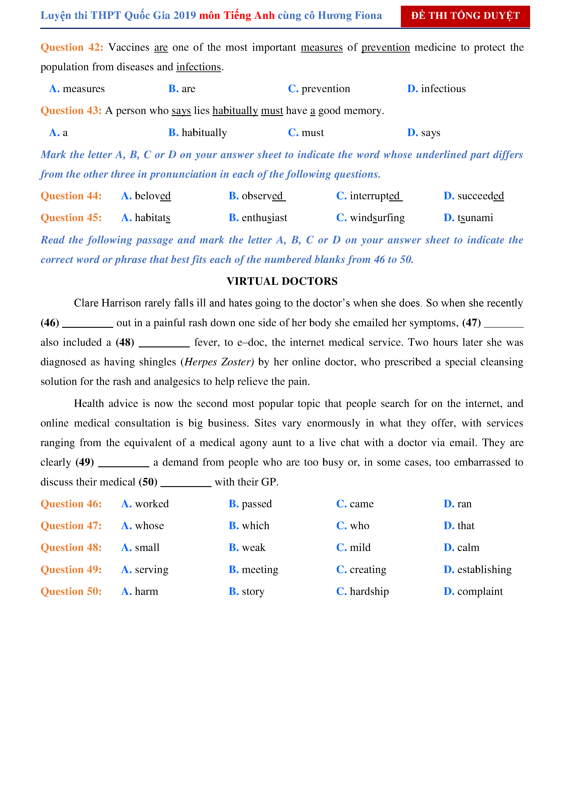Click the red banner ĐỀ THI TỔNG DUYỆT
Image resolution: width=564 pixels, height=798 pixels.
465,16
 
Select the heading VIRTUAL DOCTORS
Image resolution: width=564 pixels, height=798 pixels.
282,281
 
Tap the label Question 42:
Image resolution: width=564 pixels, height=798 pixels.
72,47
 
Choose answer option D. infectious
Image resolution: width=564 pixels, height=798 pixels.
436,89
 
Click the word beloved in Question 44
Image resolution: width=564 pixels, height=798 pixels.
153,196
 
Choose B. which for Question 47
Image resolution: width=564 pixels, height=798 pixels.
249,526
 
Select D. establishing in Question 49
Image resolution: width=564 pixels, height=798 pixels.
478,570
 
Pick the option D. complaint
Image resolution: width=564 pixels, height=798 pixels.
473,591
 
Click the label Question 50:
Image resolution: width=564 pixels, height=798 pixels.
71,591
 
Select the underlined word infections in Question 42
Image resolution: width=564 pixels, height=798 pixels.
198,67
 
